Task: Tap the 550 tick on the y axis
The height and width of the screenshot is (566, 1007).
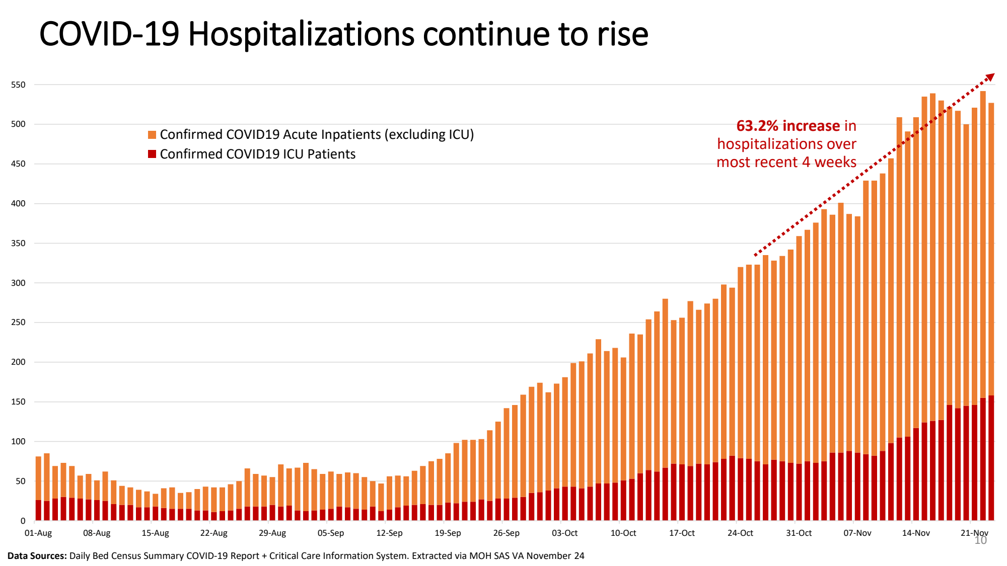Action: point(18,85)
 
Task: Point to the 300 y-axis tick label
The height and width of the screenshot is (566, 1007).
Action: point(18,283)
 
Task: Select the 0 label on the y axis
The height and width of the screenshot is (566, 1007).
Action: point(23,521)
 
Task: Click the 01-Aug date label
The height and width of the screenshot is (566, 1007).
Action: point(38,533)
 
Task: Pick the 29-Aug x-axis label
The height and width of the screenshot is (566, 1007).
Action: point(272,533)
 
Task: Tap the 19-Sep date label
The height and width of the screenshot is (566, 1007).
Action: point(448,533)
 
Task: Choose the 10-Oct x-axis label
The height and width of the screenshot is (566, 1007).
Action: point(623,533)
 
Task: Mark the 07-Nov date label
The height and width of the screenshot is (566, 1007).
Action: point(857,533)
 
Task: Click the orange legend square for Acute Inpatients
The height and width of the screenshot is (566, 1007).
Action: point(152,135)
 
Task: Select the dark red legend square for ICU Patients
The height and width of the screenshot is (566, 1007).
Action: point(152,154)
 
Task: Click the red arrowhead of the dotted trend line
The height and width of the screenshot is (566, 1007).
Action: point(990,77)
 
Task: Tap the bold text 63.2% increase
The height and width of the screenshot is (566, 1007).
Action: point(788,126)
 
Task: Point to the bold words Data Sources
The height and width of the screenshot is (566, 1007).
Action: point(37,556)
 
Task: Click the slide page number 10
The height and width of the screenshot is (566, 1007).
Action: point(981,541)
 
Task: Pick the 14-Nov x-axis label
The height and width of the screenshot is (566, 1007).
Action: point(916,533)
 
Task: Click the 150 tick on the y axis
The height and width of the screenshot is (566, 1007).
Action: point(18,402)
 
